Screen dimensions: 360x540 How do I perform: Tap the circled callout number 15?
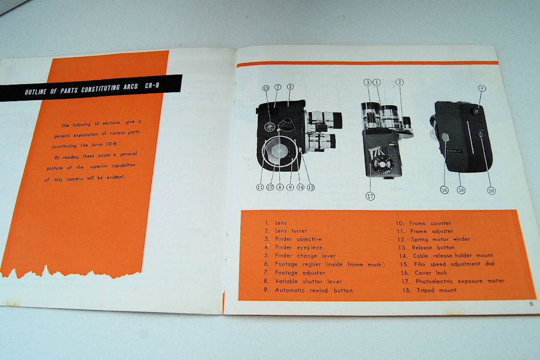point(266,88)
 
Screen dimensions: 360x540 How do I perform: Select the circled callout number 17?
point(370,196)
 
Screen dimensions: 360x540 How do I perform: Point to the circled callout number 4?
point(481,88)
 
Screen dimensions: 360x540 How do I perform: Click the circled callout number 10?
point(491,190)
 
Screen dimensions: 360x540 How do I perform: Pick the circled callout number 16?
point(444,190)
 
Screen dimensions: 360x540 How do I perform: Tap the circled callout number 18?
point(461,190)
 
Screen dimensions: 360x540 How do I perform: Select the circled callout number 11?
point(260,186)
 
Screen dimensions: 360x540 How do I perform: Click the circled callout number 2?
point(400,82)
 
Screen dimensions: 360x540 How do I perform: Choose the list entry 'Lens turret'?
point(289,231)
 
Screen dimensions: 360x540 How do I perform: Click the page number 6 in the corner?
point(530,303)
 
